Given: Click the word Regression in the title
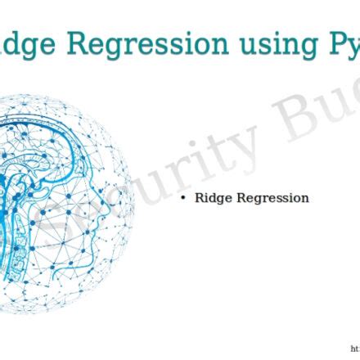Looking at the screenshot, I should pos(155,43).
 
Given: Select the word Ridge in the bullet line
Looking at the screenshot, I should pos(212,198).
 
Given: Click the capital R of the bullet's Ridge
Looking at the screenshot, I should pos(199,197).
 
